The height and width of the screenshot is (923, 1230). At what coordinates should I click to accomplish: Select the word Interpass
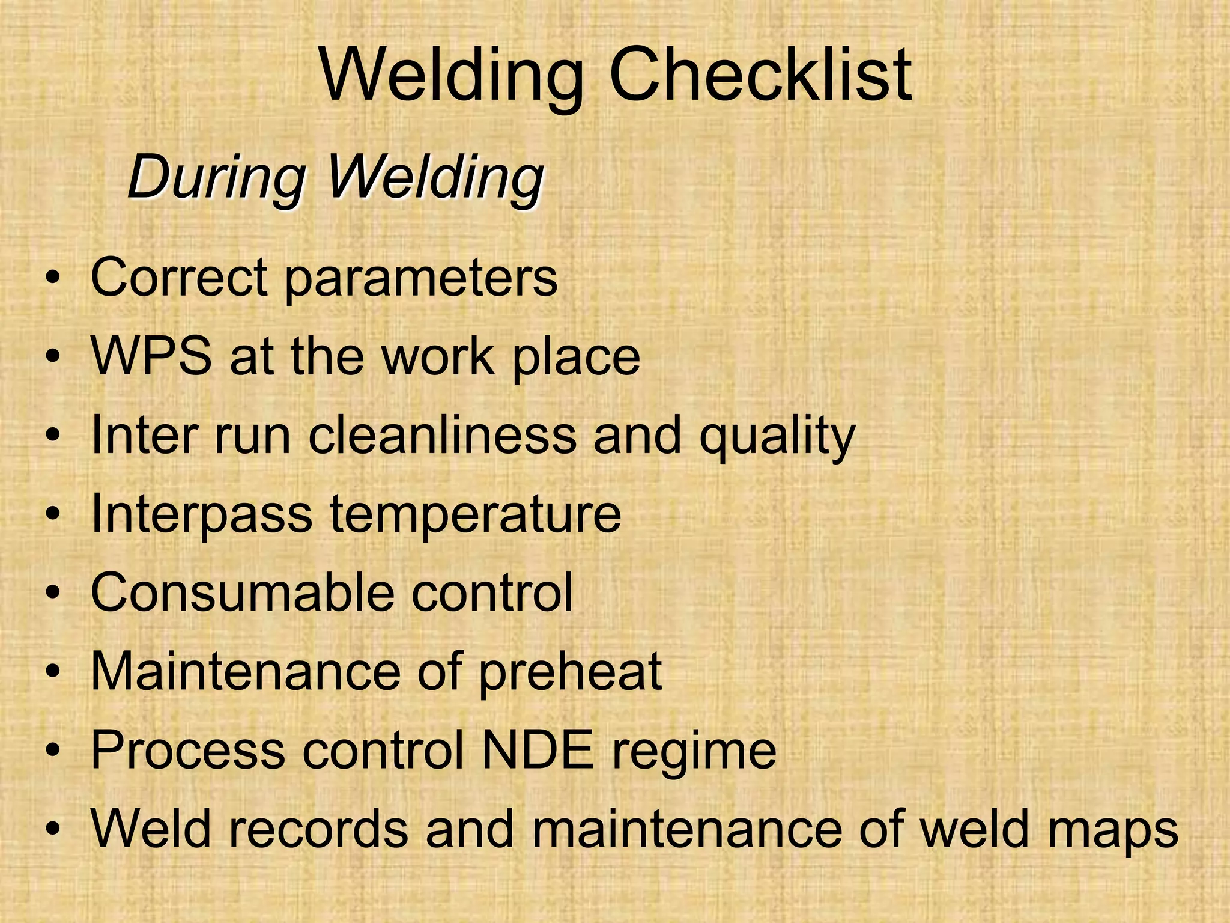tap(202, 514)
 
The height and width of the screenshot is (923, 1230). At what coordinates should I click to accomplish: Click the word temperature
tap(475, 516)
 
